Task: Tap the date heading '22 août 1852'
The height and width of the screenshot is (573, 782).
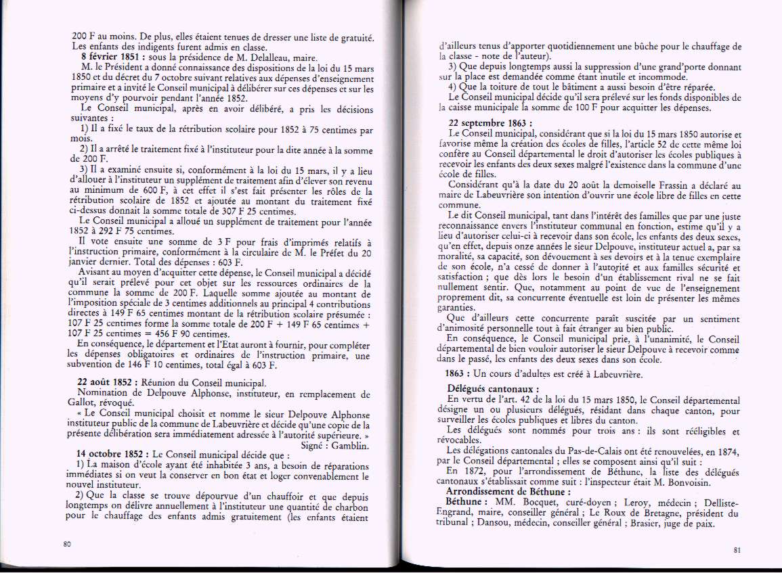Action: pyautogui.click(x=106, y=383)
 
